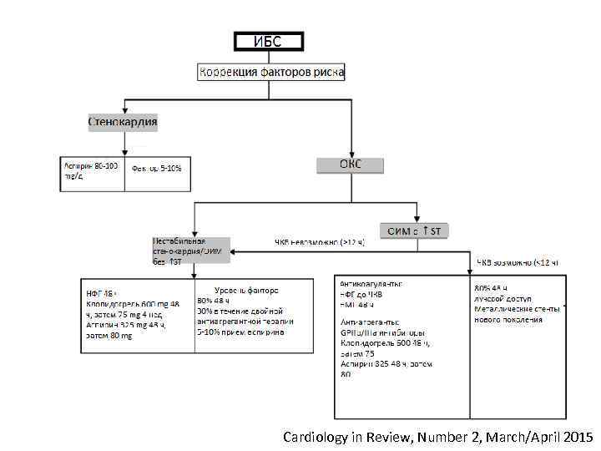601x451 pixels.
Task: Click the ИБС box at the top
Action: click(267, 41)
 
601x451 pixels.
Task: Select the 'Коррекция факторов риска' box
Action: click(271, 73)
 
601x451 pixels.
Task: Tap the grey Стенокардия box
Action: click(123, 122)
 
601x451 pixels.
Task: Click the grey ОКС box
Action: click(350, 165)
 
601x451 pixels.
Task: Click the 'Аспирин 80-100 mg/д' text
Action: click(91, 171)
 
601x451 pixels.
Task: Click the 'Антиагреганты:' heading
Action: click(368, 321)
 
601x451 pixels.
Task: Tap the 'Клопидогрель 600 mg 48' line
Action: click(133, 305)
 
